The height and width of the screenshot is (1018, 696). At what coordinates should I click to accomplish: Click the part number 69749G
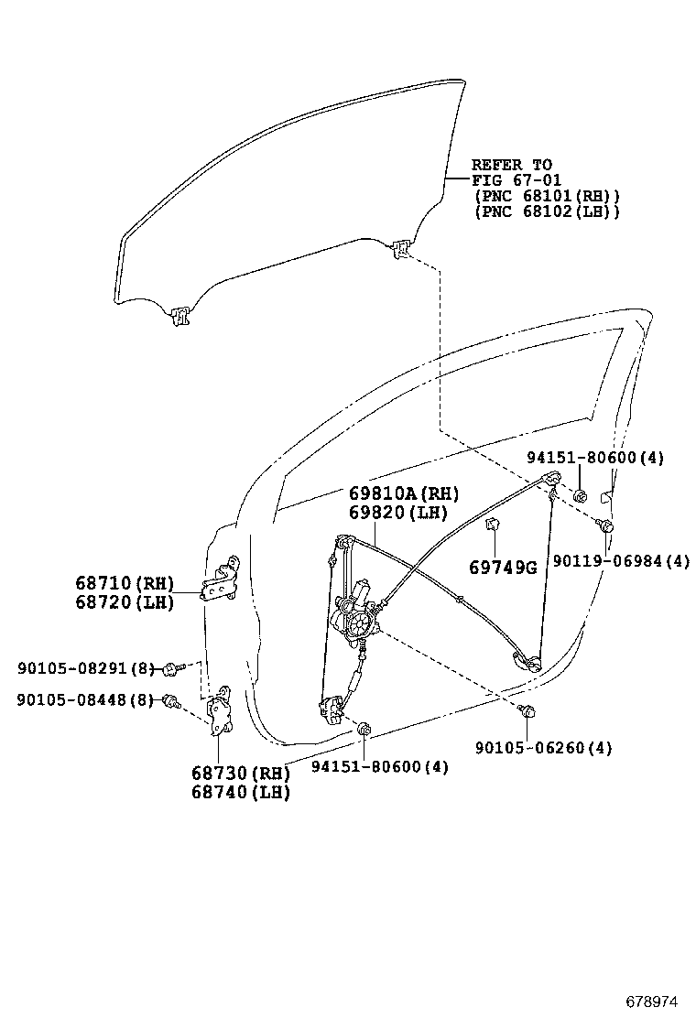(x=502, y=568)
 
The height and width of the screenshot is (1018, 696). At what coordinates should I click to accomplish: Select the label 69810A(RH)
(x=403, y=493)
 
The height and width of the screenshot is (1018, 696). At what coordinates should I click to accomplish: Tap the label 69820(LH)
(x=396, y=514)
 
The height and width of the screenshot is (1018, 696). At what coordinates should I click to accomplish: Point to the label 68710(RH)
(x=124, y=583)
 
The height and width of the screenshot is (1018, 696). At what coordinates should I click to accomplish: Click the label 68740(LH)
(x=240, y=793)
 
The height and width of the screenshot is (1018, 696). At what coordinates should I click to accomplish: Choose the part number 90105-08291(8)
(x=83, y=669)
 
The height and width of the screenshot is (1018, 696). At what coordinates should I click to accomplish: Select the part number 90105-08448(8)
(x=83, y=700)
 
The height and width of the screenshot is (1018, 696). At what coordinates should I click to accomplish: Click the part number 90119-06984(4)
(x=620, y=561)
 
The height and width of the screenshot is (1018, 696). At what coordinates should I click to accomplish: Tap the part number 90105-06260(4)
(x=543, y=748)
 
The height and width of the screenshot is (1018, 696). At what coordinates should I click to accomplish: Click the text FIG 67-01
(x=516, y=180)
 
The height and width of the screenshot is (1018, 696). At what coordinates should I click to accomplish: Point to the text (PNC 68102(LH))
(x=547, y=211)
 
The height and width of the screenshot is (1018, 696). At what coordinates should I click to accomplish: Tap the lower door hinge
(x=221, y=714)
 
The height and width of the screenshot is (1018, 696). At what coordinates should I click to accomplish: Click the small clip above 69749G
(x=492, y=524)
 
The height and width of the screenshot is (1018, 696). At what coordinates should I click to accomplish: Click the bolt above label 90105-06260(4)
(x=527, y=711)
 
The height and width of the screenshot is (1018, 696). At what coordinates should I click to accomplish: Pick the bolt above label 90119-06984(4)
(x=604, y=525)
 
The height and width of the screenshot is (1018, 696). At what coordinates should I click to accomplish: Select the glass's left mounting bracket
(x=179, y=316)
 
